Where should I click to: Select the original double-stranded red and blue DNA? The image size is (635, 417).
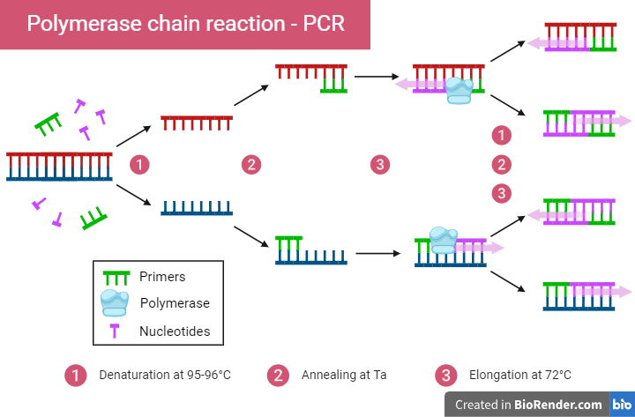tap(59, 166)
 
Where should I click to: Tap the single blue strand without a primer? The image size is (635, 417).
tap(196, 207)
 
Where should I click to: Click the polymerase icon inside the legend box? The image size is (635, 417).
tap(116, 302)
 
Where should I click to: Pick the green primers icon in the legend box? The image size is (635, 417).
tap(116, 276)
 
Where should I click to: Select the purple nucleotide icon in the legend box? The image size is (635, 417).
tap(116, 331)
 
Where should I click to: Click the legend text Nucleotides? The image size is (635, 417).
tap(174, 331)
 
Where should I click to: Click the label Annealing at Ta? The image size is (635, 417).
tap(343, 375)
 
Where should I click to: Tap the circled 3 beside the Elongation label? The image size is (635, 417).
tap(445, 375)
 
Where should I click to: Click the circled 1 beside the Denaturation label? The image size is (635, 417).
tap(76, 375)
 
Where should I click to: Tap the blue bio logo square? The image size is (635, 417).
tap(622, 405)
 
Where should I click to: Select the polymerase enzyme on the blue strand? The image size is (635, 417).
tap(443, 240)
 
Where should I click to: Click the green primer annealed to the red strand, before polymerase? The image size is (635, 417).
tap(333, 85)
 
